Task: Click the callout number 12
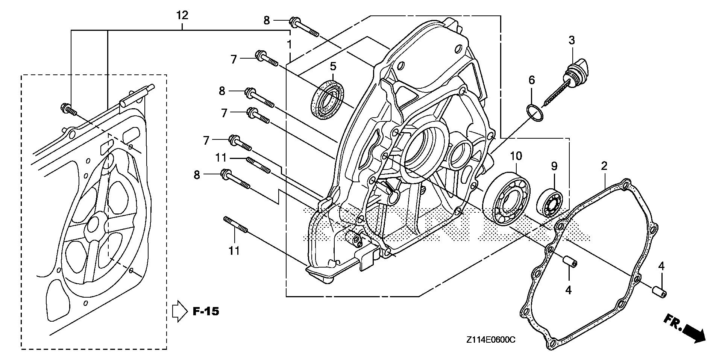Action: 182,15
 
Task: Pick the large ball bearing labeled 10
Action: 506,198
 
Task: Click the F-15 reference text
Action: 205,311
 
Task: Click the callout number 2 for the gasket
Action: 604,166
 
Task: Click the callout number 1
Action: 289,44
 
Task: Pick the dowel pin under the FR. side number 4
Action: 658,292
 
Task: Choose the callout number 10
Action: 516,156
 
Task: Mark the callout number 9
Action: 554,166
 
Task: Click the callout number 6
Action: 531,80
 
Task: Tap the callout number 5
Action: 333,67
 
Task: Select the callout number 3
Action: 572,40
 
